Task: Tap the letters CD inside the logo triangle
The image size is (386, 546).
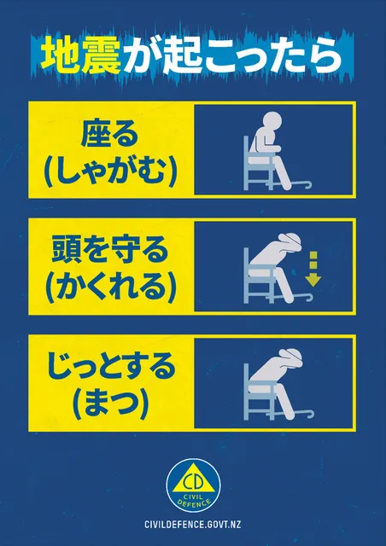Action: [192, 477]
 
